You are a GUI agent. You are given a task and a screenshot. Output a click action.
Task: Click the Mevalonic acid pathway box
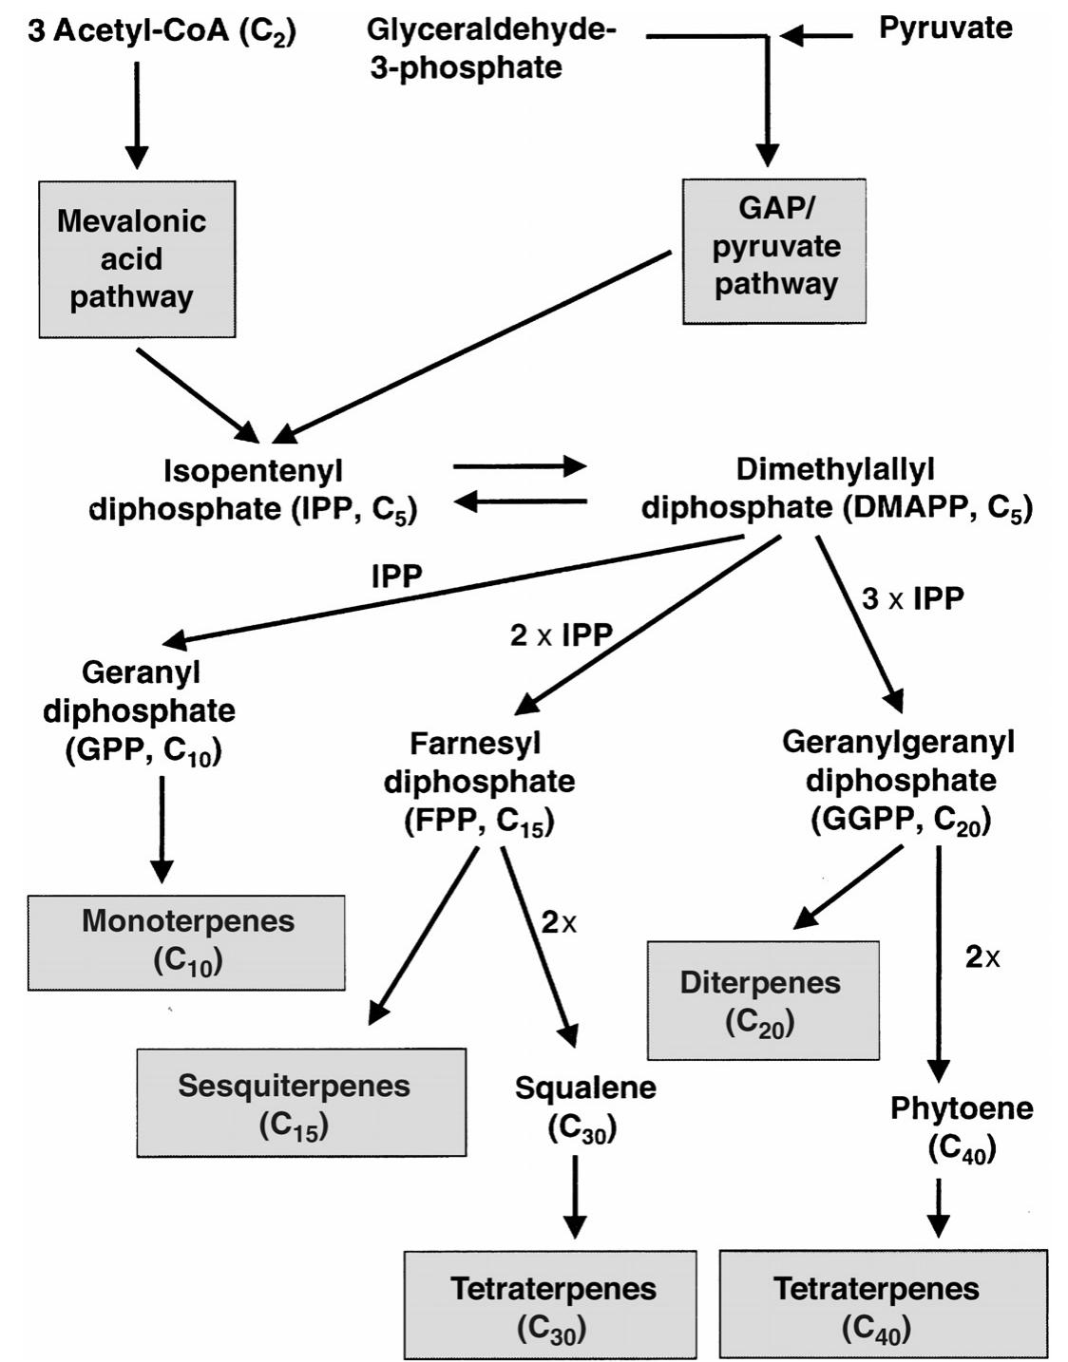137,259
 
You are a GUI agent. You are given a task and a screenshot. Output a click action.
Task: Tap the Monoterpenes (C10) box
186,942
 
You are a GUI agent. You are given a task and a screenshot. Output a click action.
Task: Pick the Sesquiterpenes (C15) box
301,1103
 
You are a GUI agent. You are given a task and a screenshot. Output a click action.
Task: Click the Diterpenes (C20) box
762,1000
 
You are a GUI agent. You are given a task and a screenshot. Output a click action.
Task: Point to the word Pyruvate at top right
944,28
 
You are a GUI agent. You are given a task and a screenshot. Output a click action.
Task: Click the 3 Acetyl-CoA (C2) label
162,31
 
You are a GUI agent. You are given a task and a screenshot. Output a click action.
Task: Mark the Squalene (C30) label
584,1107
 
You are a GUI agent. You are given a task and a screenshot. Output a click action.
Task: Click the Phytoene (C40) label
961,1128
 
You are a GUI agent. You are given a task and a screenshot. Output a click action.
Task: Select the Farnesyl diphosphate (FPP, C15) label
479,782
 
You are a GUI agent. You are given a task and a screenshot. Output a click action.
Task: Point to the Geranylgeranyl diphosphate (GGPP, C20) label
899,781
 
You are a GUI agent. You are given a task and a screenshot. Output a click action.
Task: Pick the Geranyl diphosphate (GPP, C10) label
140,711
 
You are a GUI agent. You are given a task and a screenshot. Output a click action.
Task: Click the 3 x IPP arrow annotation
912,598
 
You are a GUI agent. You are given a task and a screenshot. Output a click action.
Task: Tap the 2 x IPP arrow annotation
561,634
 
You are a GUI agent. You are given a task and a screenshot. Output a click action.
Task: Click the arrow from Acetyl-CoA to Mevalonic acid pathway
137,114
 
